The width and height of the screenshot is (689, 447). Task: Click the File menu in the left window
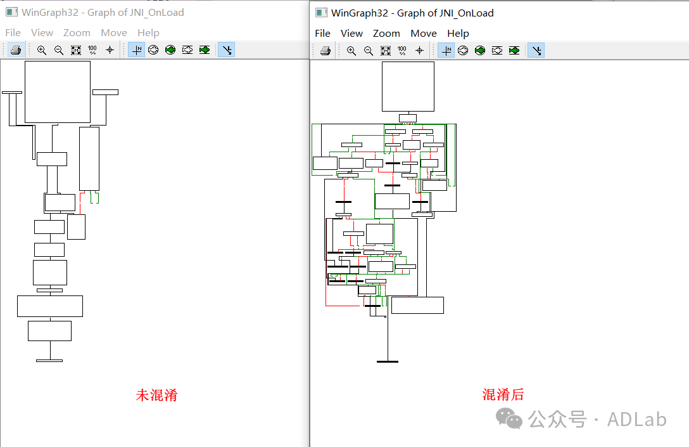(13, 33)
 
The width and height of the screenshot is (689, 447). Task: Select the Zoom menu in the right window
(386, 34)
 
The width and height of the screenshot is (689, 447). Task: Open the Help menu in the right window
(458, 34)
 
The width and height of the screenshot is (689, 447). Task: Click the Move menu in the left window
(114, 33)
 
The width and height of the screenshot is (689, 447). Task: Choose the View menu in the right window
(351, 34)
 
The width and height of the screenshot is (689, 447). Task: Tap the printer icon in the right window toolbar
(326, 51)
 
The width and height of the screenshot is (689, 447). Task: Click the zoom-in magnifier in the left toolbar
(42, 50)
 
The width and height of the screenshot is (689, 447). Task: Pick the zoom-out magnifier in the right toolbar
(369, 51)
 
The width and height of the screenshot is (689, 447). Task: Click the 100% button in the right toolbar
(402, 51)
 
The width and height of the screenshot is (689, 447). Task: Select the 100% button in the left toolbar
(92, 50)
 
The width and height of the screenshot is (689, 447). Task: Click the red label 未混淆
(156, 395)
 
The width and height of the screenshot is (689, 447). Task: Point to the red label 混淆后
(503, 394)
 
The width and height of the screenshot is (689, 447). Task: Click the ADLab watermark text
(636, 419)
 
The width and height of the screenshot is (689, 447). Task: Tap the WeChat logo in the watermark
(510, 418)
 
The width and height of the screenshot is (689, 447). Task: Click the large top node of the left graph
(57, 92)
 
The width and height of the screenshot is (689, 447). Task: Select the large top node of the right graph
(408, 86)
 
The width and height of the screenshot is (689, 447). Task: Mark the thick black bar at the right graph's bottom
(388, 361)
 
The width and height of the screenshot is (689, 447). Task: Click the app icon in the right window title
(322, 13)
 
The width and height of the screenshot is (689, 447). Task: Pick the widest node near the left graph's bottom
(49, 306)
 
